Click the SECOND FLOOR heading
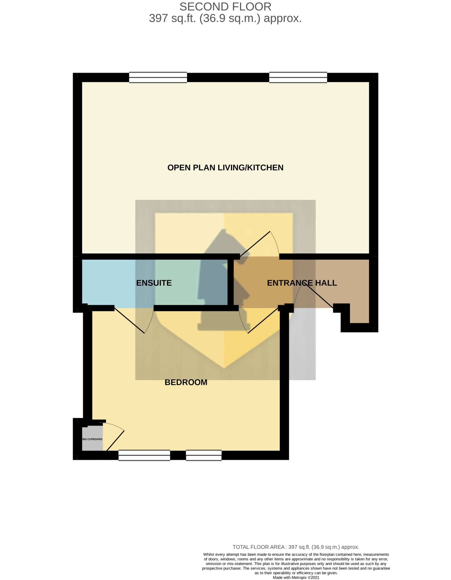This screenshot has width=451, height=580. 225,7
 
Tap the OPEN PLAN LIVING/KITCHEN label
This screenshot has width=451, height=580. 225,168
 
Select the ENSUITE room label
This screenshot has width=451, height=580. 154,283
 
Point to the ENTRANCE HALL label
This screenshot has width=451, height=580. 302,283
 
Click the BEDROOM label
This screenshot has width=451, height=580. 186,382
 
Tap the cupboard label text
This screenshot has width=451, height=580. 92,439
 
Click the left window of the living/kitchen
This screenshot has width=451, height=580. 158,77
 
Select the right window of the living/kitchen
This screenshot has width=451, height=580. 298,77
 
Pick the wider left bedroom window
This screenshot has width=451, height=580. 144,455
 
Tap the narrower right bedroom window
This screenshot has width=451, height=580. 204,455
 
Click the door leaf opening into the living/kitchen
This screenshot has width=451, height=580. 255,244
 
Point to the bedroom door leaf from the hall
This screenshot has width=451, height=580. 263,321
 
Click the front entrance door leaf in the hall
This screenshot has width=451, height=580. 318,295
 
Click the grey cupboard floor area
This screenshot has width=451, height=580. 92,440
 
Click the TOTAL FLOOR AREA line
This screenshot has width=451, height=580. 296,547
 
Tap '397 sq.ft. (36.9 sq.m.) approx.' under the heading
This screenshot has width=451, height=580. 225,18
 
